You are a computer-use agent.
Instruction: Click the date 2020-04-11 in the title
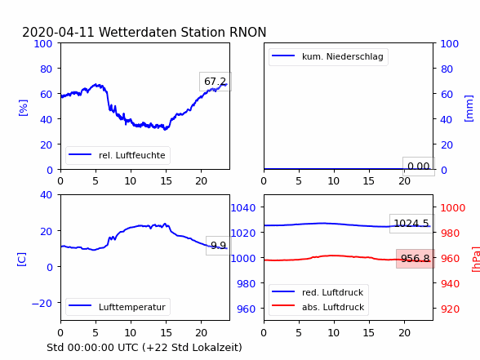pyautogui.click(x=58, y=32)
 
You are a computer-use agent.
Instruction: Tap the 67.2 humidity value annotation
pyautogui.click(x=216, y=82)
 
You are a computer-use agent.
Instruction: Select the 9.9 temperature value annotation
pyautogui.click(x=218, y=246)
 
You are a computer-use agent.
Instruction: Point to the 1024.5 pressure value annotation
pyautogui.click(x=411, y=224)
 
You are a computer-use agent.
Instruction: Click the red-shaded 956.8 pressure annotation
pyautogui.click(x=416, y=259)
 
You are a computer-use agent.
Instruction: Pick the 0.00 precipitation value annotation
pyautogui.click(x=419, y=167)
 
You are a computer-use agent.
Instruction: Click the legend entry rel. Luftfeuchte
pyautogui.click(x=118, y=155)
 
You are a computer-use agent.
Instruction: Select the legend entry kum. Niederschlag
pyautogui.click(x=328, y=56)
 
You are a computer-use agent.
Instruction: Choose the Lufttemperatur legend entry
pyautogui.click(x=118, y=307)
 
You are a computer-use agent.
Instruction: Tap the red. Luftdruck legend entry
pyautogui.click(x=318, y=292)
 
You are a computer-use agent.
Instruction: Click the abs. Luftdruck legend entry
pyautogui.click(x=318, y=307)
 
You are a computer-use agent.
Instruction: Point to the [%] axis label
pyautogui.click(x=23, y=108)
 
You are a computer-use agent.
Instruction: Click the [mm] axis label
pyautogui.click(x=469, y=109)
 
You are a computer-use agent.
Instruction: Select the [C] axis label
pyautogui.click(x=22, y=260)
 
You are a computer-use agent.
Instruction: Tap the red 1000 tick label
pyautogui.click(x=453, y=208)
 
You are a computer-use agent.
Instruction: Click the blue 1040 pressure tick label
pyautogui.click(x=243, y=208)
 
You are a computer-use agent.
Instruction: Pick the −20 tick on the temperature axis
pyautogui.click(x=42, y=304)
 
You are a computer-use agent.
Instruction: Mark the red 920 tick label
pyautogui.click(x=450, y=309)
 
